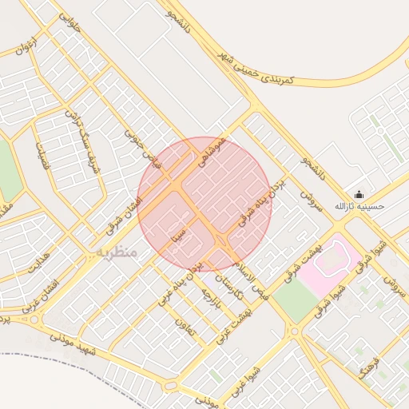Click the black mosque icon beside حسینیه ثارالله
coord(359,194)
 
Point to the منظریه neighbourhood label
coord(117,252)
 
